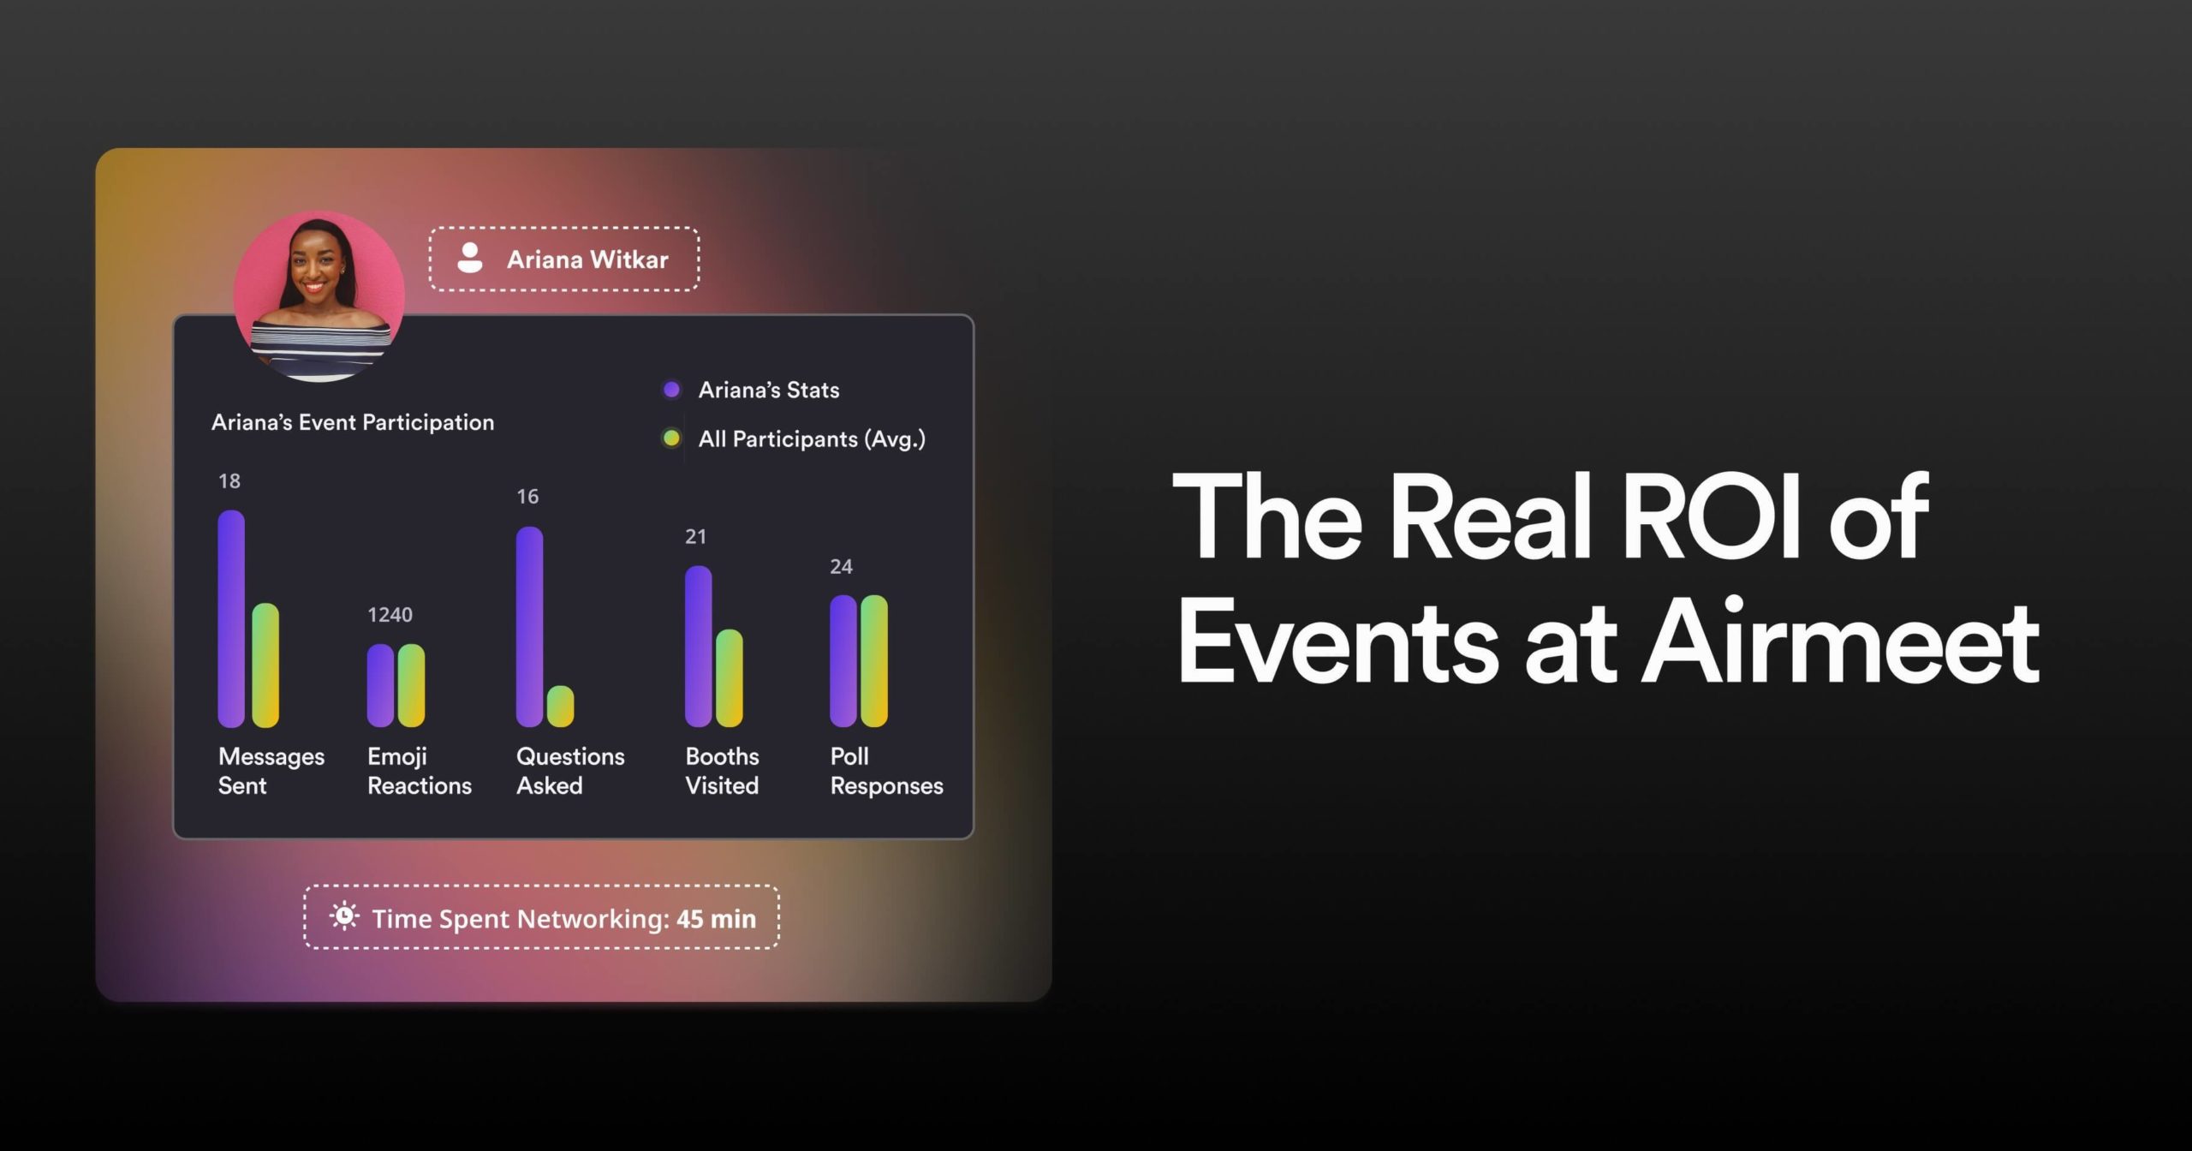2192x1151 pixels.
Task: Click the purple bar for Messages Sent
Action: click(231, 618)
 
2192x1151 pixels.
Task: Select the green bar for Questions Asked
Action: click(561, 707)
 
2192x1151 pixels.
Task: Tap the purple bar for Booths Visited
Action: click(699, 647)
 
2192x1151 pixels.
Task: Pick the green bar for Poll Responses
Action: click(874, 660)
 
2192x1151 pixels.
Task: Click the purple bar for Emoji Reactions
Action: click(380, 685)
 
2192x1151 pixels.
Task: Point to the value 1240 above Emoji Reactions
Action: click(390, 615)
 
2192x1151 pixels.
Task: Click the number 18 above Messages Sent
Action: click(229, 481)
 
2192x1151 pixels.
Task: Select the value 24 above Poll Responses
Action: click(841, 567)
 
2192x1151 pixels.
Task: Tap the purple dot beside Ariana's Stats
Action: click(671, 390)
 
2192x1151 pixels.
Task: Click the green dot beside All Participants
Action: click(671, 438)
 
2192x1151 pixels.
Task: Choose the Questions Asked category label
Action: click(570, 771)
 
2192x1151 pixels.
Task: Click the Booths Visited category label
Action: click(722, 771)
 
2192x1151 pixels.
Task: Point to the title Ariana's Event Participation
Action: click(353, 422)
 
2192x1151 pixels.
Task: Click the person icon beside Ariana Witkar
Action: click(470, 258)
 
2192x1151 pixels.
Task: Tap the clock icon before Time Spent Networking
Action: click(344, 916)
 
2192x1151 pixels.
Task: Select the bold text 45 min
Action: click(716, 919)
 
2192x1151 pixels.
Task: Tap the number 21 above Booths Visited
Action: click(695, 537)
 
